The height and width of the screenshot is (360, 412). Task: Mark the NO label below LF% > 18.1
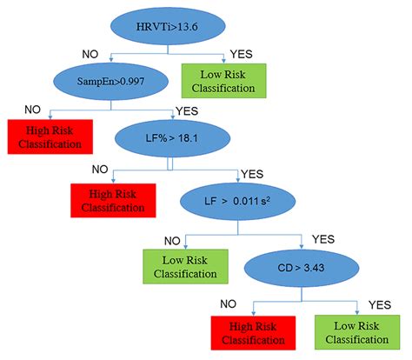[x=101, y=170]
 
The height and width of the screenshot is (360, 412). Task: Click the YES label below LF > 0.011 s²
[x=322, y=238]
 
